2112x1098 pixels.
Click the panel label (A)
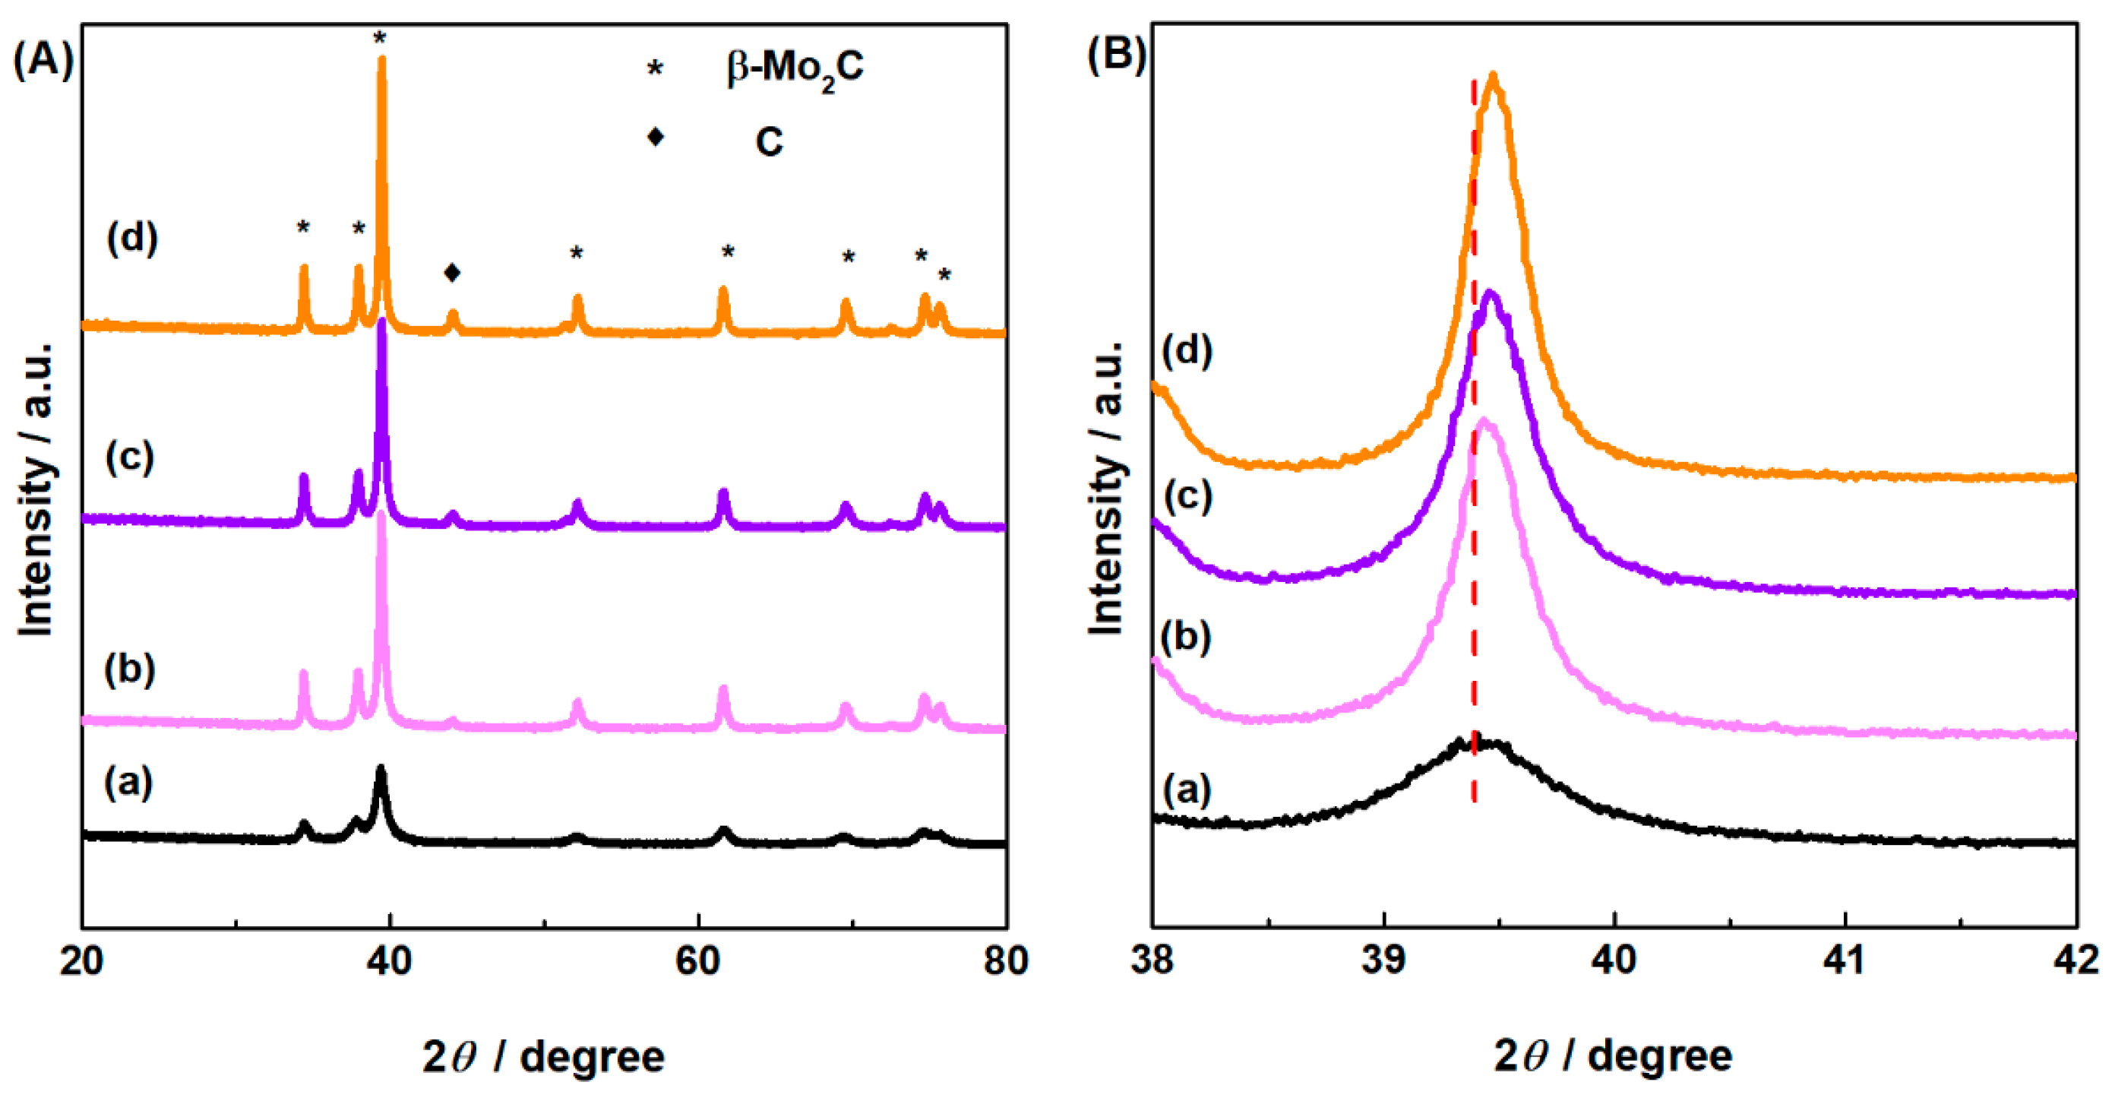(x=43, y=62)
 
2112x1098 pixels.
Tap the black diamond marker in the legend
(x=655, y=136)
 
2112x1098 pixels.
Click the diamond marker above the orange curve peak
(x=452, y=272)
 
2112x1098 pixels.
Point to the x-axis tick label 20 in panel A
(x=82, y=960)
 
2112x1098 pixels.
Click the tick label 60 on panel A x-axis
(x=697, y=960)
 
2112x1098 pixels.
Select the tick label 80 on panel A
(x=1005, y=960)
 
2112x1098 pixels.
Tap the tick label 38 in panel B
(x=1152, y=959)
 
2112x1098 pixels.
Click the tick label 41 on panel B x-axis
(x=1845, y=959)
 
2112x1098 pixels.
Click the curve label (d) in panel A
(x=132, y=239)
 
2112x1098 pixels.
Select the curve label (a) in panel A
(x=128, y=783)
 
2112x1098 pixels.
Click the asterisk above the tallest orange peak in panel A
(x=380, y=40)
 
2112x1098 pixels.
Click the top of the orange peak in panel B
(x=1493, y=76)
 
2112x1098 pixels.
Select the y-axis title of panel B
(x=1106, y=488)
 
